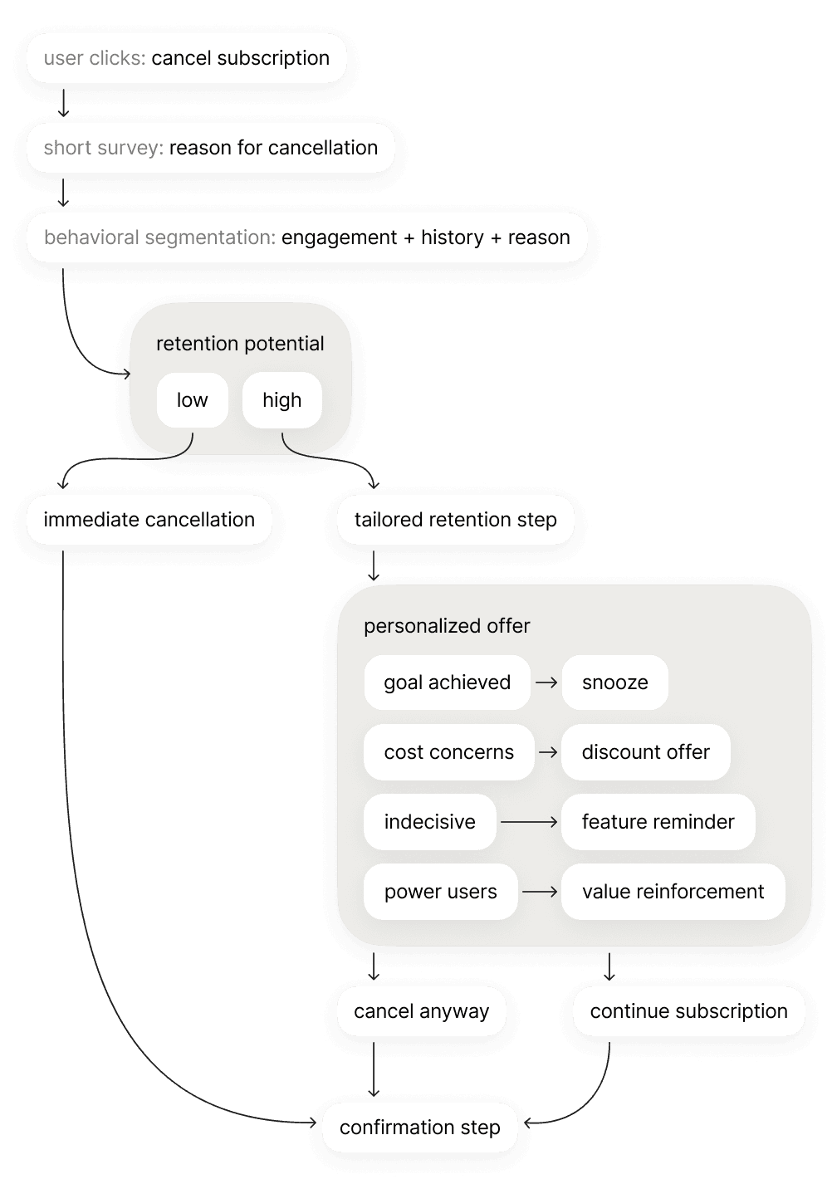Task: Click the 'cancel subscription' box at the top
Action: point(186,58)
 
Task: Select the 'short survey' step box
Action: point(210,148)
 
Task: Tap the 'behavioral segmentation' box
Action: point(306,237)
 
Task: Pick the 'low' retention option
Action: point(192,400)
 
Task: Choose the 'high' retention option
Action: point(281,400)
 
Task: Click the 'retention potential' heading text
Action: point(240,344)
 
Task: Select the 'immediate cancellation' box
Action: point(149,520)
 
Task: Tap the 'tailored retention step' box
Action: point(455,520)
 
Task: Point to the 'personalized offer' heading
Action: point(447,626)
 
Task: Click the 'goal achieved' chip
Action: point(447,682)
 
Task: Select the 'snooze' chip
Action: point(614,682)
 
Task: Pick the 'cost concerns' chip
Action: point(448,752)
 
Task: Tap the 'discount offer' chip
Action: point(645,752)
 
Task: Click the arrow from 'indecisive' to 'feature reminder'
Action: point(529,822)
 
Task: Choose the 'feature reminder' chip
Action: point(658,822)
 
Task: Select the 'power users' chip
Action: point(440,892)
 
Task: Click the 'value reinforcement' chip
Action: point(673,892)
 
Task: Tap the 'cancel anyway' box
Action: point(421,1011)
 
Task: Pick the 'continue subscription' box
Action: point(688,1011)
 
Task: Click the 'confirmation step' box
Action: point(419,1128)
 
